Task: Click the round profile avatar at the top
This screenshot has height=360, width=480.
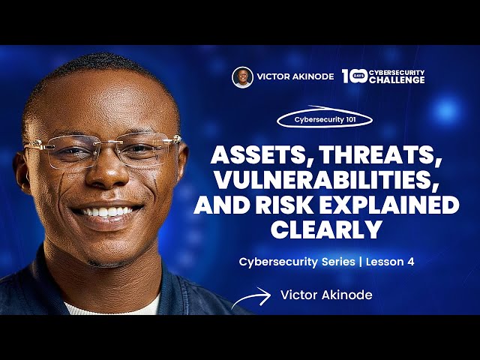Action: [242, 77]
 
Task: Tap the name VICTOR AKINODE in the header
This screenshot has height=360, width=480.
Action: [295, 77]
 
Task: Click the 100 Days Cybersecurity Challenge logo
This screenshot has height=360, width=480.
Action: [383, 76]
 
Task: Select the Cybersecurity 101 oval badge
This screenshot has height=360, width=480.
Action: [325, 118]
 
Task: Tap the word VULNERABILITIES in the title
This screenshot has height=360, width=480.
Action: [326, 180]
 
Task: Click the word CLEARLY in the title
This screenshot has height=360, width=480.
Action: [326, 229]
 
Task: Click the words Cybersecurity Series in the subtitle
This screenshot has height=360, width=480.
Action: [292, 262]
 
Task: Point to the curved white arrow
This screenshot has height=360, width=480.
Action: [250, 298]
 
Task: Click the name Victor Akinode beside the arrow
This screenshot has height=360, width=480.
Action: [326, 295]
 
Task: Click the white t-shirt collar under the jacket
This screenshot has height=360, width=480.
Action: [112, 306]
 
